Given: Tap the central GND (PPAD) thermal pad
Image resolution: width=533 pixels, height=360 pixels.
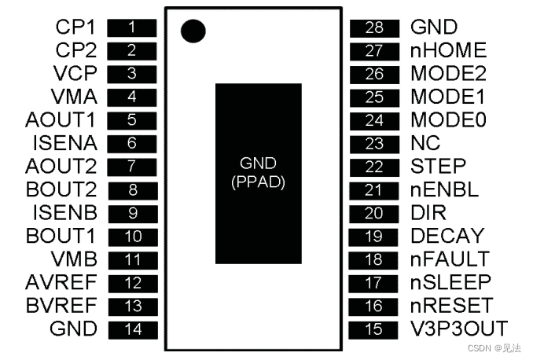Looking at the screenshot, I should [258, 173].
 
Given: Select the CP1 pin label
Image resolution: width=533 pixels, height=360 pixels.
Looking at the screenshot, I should [75, 28].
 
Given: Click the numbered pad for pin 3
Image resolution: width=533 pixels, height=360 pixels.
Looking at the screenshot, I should [132, 74].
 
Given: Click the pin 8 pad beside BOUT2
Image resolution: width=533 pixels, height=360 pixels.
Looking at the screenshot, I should [132, 189].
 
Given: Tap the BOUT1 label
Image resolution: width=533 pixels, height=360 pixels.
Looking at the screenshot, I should [61, 235].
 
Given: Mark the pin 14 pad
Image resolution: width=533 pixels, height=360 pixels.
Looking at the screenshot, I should [132, 329].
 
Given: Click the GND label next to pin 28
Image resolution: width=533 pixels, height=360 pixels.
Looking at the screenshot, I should [434, 28].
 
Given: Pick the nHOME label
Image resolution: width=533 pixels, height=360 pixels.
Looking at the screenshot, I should [448, 51].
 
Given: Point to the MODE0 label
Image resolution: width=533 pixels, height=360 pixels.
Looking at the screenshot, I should [448, 120].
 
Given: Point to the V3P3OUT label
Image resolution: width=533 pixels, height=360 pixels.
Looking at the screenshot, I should [459, 328].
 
